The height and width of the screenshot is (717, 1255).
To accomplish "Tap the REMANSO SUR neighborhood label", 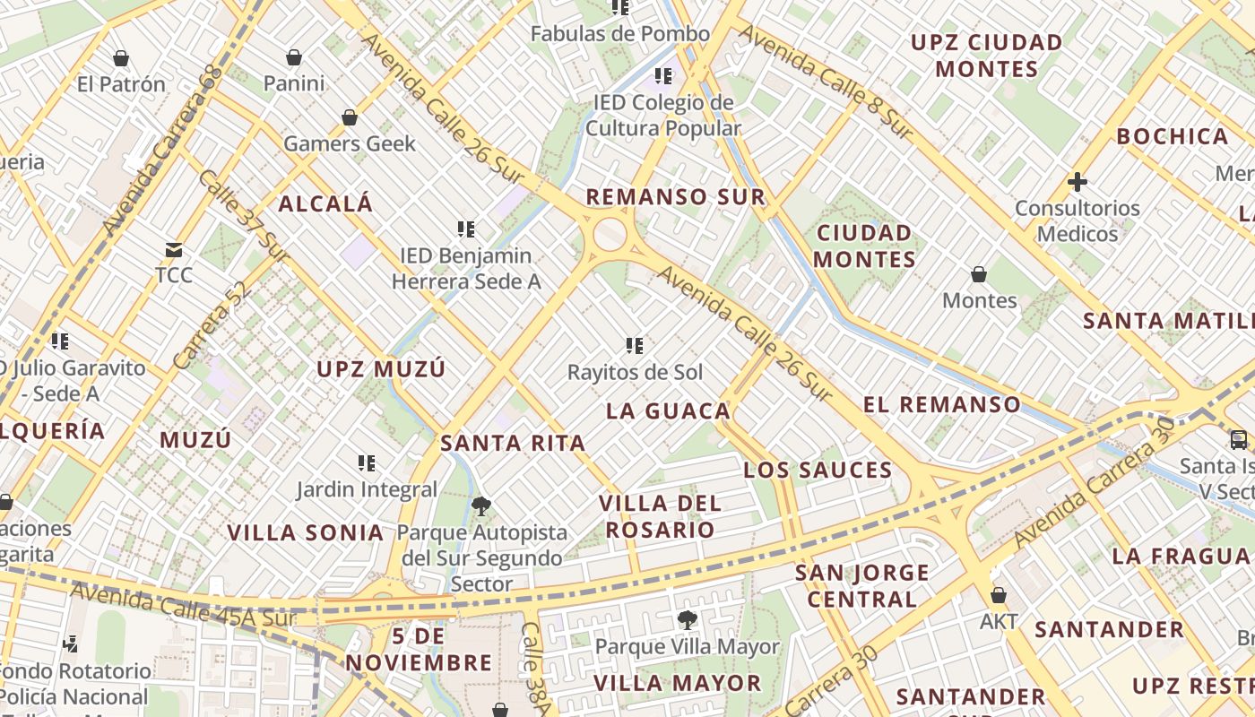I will click(x=676, y=197).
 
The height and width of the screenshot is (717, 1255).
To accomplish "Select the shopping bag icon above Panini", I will click(x=294, y=58).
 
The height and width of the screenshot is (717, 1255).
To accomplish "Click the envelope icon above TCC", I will click(x=173, y=250).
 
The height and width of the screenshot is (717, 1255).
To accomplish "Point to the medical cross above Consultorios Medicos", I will click(x=1078, y=182).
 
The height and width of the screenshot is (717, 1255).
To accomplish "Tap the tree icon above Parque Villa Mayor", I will click(x=687, y=619).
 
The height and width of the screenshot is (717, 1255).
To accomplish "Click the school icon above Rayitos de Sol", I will click(x=635, y=346).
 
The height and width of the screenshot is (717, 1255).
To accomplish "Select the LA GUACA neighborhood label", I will click(x=669, y=411).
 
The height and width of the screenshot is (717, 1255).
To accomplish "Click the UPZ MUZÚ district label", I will click(x=381, y=369).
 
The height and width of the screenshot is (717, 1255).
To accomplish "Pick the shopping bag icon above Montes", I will click(x=979, y=274).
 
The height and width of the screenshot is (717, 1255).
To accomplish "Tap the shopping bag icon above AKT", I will click(x=998, y=596).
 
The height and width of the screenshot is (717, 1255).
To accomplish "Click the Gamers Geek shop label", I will click(x=350, y=143).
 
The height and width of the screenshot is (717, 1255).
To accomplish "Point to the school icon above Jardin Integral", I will click(x=367, y=463).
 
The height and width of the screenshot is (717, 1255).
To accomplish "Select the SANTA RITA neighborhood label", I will click(x=513, y=443).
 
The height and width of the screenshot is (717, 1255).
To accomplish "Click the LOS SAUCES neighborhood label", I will click(x=818, y=471).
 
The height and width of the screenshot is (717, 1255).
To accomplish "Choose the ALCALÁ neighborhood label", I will click(x=325, y=203).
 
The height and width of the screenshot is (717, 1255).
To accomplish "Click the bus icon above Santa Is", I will click(x=1238, y=439).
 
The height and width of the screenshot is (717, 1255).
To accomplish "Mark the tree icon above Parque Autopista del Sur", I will click(x=481, y=506).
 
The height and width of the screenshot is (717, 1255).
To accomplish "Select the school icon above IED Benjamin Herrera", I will click(x=465, y=229).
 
